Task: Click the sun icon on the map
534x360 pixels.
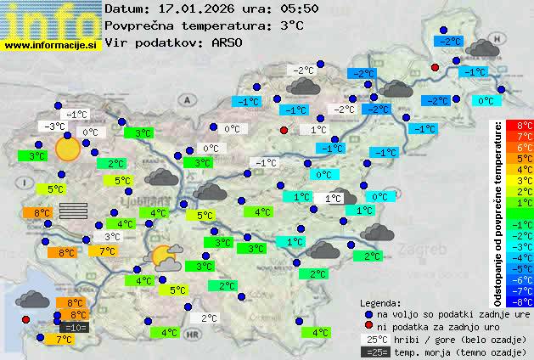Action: tap(66, 149)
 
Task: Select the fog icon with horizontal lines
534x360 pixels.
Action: tap(74, 211)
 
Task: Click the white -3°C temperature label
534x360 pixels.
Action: tap(55, 127)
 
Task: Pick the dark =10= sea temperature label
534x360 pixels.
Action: tap(74, 327)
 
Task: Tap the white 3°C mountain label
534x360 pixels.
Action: tap(111, 237)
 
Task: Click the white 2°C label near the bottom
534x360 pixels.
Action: tap(208, 318)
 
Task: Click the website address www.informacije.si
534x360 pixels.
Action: tap(51, 44)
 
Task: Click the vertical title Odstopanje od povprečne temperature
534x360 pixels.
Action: tap(498, 212)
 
